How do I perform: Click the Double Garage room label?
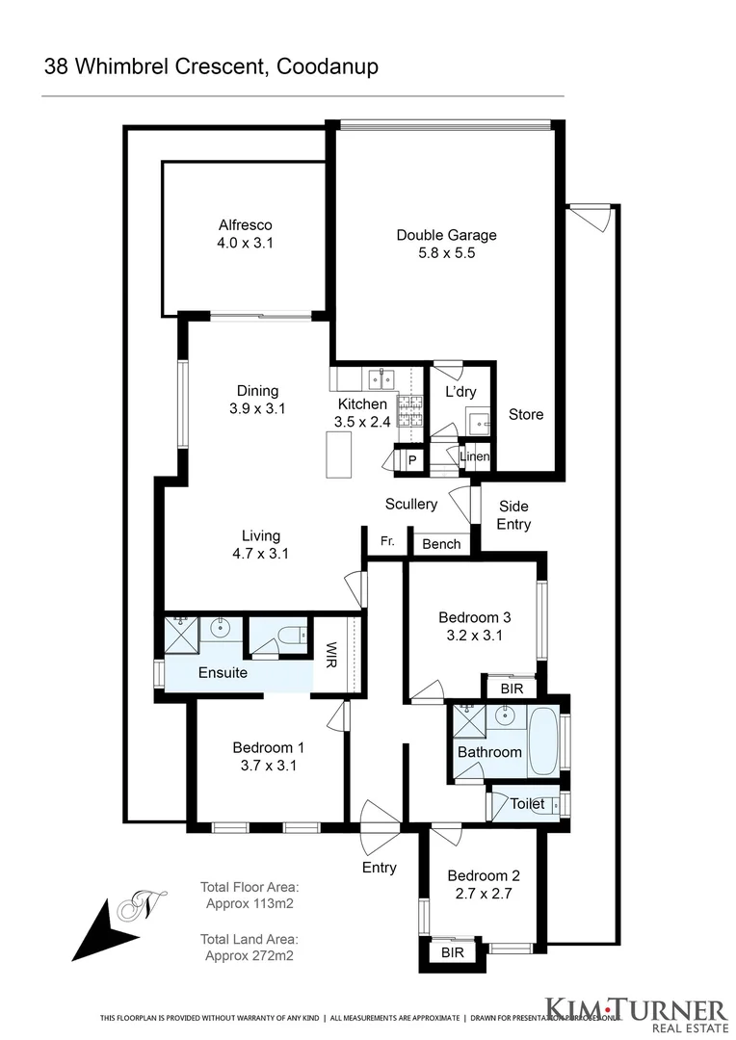click(x=446, y=235)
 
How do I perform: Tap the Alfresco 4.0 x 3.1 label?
click(x=245, y=235)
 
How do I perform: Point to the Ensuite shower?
click(x=181, y=633)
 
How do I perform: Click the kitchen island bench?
click(x=339, y=455)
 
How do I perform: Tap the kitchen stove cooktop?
click(x=412, y=413)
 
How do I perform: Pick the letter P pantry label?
click(x=411, y=461)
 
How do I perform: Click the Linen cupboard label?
click(x=475, y=456)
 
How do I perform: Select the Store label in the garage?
click(x=526, y=414)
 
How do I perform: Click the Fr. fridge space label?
click(x=387, y=542)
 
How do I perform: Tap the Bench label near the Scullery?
click(x=441, y=544)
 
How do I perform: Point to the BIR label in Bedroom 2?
click(x=452, y=952)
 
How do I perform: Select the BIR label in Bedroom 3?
click(x=512, y=688)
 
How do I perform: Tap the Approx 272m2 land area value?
click(x=250, y=955)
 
